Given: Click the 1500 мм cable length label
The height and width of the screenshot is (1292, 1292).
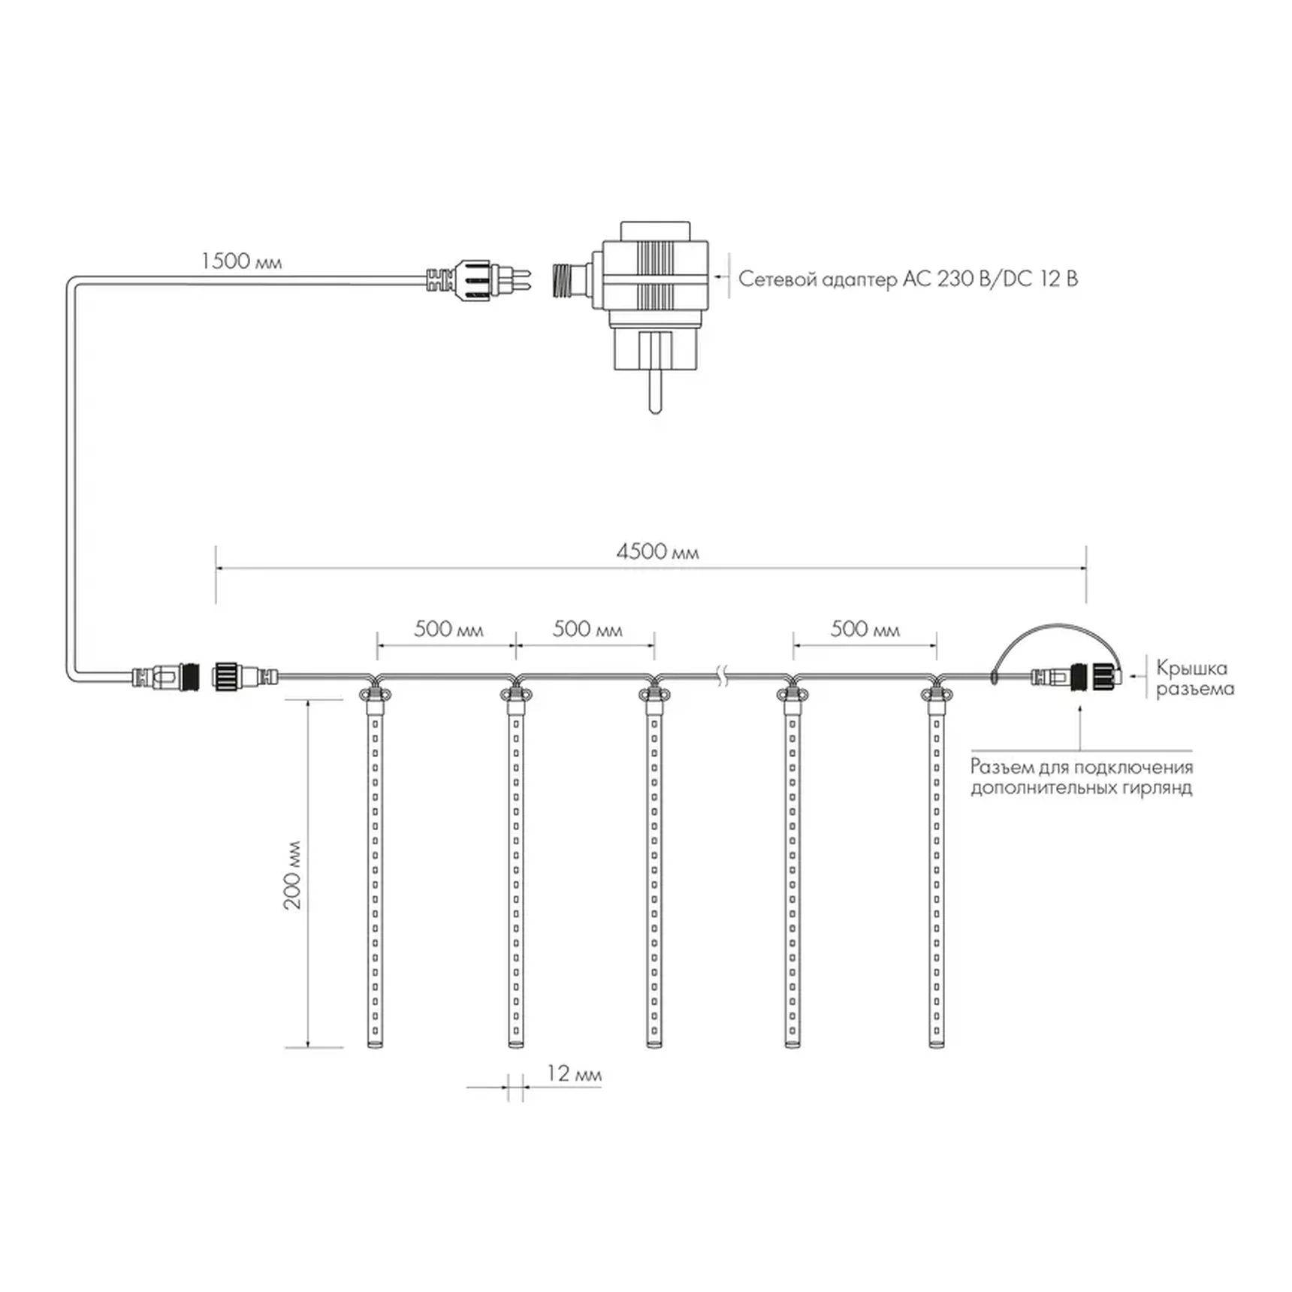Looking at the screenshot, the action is coord(241,261).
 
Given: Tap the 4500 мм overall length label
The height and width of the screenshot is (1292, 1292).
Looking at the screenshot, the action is coord(657,552).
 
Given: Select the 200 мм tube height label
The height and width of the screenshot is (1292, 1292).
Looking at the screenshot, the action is coord(292,874).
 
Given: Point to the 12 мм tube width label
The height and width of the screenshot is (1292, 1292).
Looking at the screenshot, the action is coord(574,1073).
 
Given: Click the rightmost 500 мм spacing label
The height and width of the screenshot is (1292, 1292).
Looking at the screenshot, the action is coord(865,629).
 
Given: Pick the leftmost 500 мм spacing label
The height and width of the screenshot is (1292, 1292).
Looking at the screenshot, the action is coord(448,629).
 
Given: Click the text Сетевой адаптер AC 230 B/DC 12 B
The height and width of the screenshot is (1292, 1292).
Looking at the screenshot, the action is coord(908,279).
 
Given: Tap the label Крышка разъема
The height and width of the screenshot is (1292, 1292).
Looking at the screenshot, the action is coord(1194,678).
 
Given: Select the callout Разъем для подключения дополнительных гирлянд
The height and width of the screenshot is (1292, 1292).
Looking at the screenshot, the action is coord(1082,777).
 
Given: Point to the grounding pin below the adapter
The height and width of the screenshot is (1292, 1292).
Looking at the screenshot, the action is coord(655,391).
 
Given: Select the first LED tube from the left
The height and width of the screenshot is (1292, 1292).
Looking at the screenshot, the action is coord(375,868).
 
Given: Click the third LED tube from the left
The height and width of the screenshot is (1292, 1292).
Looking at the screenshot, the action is coord(654,868).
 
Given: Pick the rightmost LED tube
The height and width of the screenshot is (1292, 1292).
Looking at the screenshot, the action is coord(936,868).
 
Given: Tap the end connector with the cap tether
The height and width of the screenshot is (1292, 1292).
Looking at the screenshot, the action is coord(1076,677).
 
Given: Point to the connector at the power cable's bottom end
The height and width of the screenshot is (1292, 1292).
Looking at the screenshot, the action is coord(165,677).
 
